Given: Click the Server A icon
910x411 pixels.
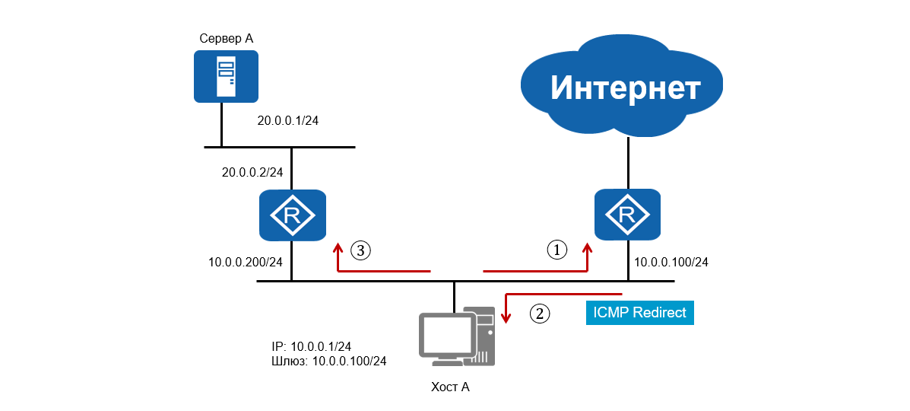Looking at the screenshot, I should pyautogui.click(x=226, y=76).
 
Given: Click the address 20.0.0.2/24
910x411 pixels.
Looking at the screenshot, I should pyautogui.click(x=252, y=173).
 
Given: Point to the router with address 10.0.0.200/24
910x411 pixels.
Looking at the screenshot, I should pyautogui.click(x=292, y=215).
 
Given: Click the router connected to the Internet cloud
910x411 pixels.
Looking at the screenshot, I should pyautogui.click(x=627, y=215).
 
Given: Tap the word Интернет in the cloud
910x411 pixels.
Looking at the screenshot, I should pyautogui.click(x=625, y=88).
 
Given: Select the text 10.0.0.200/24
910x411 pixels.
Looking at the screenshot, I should pyautogui.click(x=246, y=263).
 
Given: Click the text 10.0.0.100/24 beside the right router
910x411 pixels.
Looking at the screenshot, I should pyautogui.click(x=671, y=263).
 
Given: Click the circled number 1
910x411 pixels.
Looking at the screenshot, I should pyautogui.click(x=557, y=249).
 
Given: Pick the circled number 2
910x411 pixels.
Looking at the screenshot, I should pyautogui.click(x=539, y=313).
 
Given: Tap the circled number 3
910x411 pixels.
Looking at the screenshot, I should pyautogui.click(x=361, y=249).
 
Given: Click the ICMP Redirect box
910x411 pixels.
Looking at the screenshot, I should pyautogui.click(x=639, y=313).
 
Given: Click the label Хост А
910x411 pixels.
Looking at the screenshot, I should pyautogui.click(x=450, y=387).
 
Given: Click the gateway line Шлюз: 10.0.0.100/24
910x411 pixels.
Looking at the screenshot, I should pyautogui.click(x=328, y=361).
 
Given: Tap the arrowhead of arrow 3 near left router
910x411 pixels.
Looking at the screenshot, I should pyautogui.click(x=337, y=247).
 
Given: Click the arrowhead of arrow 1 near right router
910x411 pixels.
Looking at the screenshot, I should pyautogui.click(x=588, y=247).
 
